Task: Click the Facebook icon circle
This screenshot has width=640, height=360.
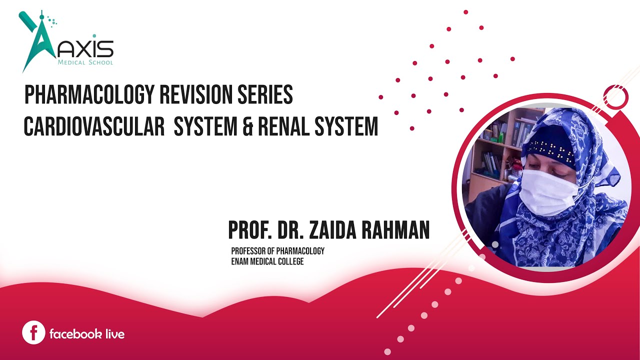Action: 34,332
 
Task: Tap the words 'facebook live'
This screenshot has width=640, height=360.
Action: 87,333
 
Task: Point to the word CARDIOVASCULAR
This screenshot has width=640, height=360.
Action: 94,127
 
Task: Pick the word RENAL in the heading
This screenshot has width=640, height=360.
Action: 282,127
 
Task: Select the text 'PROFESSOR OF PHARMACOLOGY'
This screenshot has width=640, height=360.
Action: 277,250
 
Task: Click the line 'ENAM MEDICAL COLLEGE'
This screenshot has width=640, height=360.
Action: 267,261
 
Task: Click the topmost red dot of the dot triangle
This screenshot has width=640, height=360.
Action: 465,11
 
